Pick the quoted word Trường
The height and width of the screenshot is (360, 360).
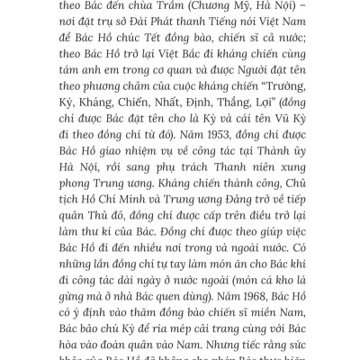(x=273, y=100)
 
